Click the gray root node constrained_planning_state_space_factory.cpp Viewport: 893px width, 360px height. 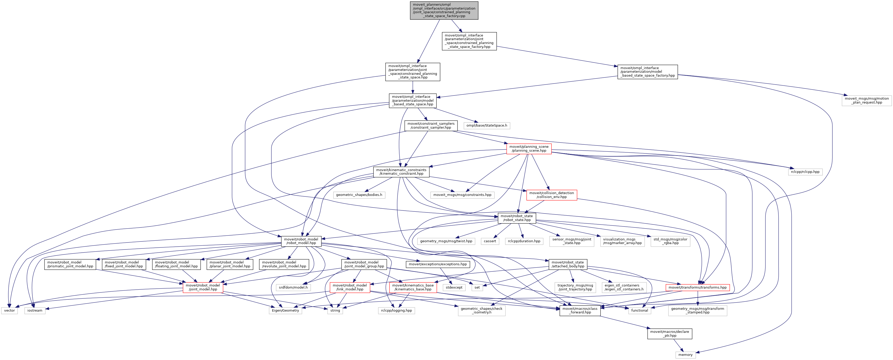(x=444, y=10)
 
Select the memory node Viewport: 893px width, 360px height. (x=685, y=355)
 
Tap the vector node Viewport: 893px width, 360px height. (x=9, y=310)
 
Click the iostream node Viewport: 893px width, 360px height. (x=35, y=310)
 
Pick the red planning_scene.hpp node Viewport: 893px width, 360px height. (x=529, y=149)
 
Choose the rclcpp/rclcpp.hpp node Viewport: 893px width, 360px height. (x=805, y=172)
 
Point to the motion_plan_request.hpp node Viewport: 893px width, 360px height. (x=866, y=101)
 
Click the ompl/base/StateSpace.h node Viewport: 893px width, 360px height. (x=486, y=126)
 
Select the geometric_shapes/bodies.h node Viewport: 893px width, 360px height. (x=359, y=195)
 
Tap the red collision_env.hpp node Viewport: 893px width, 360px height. (x=551, y=195)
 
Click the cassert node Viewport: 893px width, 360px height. (x=490, y=241)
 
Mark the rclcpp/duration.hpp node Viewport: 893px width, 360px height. (x=524, y=241)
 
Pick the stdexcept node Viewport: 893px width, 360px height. (x=454, y=288)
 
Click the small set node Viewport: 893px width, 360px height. (x=477, y=288)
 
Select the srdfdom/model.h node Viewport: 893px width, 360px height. (x=293, y=288)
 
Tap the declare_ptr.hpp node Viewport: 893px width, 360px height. (x=669, y=334)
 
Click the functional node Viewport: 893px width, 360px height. (x=639, y=310)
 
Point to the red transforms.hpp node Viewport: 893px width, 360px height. (x=697, y=288)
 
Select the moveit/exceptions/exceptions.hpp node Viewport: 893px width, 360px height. (x=438, y=264)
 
